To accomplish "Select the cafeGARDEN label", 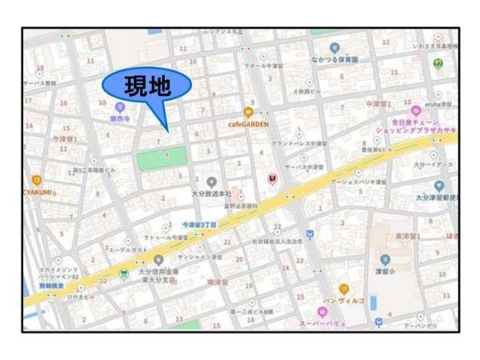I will (249, 125).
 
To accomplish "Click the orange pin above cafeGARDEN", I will (249, 113).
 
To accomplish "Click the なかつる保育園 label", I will (335, 59).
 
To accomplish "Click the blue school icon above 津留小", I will (385, 258).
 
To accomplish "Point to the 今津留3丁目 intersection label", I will (200, 225).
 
